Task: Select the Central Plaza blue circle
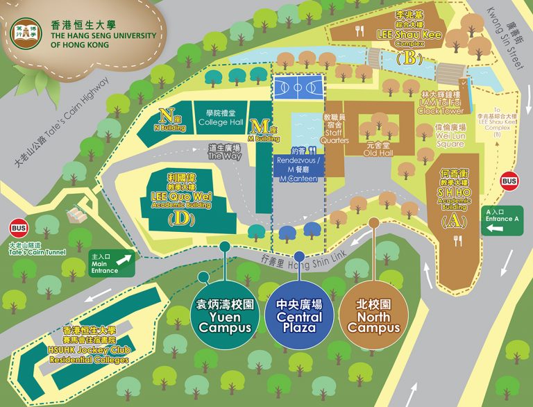click(x=299, y=317)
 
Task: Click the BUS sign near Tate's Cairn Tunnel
click(x=18, y=228)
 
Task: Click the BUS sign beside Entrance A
click(x=510, y=180)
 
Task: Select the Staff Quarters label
click(x=336, y=130)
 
